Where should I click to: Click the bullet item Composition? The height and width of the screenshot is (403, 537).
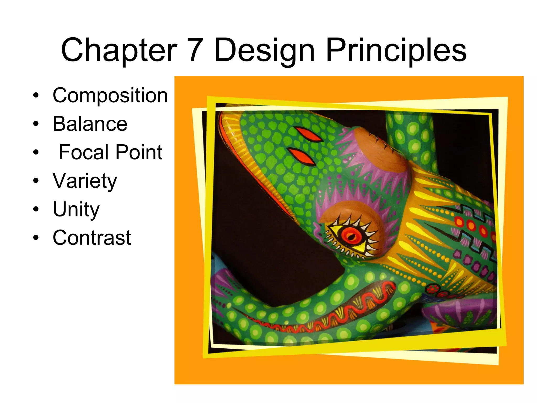pyautogui.click(x=110, y=96)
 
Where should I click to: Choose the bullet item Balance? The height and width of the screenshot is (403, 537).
pyautogui.click(x=90, y=124)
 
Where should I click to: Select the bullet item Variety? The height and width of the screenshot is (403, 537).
pyautogui.click(x=85, y=181)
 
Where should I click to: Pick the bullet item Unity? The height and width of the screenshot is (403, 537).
pyautogui.click(x=76, y=209)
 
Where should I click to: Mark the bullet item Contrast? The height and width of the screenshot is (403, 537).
pyautogui.click(x=92, y=237)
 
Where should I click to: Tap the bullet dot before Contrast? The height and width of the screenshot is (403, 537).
pyautogui.click(x=36, y=237)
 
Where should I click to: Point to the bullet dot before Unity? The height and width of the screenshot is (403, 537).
pyautogui.click(x=36, y=209)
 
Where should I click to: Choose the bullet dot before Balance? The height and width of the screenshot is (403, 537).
pyautogui.click(x=36, y=124)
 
